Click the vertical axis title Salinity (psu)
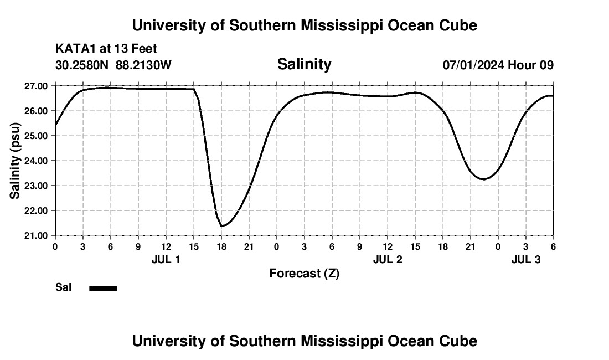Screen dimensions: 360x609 point(15,161)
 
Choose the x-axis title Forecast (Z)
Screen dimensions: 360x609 point(304,273)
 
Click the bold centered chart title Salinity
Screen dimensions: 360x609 point(304,64)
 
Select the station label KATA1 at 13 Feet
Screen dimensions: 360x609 point(106,49)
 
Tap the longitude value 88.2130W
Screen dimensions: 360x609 point(143,65)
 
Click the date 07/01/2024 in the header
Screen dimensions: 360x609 point(473,65)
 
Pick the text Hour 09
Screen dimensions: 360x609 point(531,65)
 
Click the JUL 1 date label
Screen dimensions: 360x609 point(166,259)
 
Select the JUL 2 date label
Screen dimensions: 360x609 point(387,259)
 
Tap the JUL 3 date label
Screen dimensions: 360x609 point(525,259)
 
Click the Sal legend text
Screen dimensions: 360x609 point(64,287)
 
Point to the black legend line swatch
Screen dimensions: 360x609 point(104,288)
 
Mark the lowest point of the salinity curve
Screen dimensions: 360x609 point(221,226)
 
